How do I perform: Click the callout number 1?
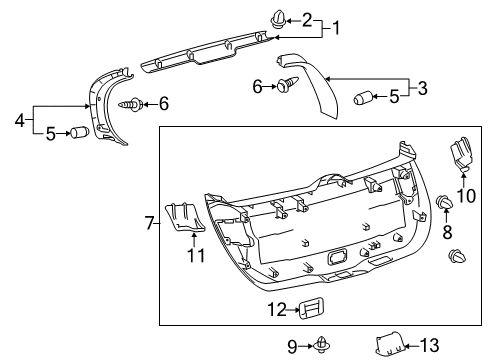point(337,29)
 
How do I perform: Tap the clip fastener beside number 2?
point(251,17)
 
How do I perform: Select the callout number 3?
point(423,89)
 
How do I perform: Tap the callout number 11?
point(196,256)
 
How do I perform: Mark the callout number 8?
point(447,232)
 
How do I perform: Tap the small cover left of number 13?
point(389,345)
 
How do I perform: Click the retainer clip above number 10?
point(462,156)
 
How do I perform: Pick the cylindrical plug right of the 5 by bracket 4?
point(77,133)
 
